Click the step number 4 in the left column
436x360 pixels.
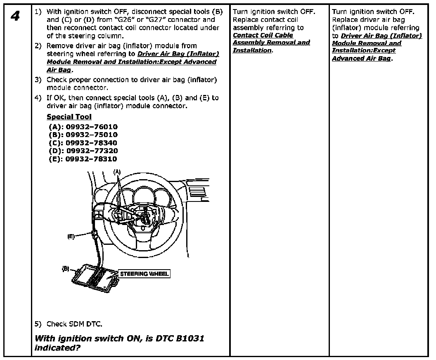coord(15,17)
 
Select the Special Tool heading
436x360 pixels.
coord(69,117)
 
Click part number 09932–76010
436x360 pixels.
coord(92,127)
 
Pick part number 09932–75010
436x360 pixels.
coord(92,135)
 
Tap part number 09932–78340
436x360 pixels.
coord(92,143)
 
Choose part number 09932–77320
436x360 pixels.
coord(92,151)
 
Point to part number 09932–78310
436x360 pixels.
coord(92,159)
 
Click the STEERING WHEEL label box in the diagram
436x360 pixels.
coord(144,273)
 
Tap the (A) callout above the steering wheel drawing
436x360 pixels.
coord(117,171)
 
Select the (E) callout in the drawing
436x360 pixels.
coord(71,237)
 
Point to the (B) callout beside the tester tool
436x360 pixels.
coord(66,268)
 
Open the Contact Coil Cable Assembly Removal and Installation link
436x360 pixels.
coord(271,43)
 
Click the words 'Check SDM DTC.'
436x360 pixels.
coord(74,324)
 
